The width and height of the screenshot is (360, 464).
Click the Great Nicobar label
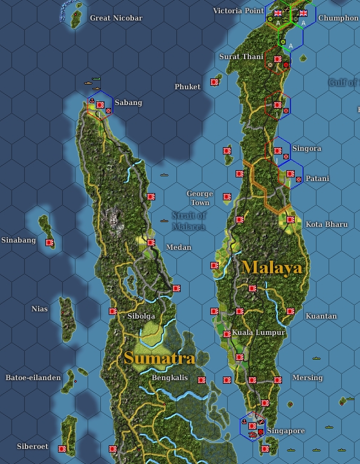click(x=116, y=18)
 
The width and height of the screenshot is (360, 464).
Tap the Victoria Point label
click(x=239, y=11)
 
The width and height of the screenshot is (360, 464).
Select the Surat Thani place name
click(x=241, y=57)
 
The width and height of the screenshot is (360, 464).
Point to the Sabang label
click(x=128, y=103)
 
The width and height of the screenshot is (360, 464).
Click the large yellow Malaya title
click(x=272, y=267)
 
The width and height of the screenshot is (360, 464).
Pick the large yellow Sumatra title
click(x=159, y=358)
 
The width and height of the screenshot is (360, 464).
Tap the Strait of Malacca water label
click(x=189, y=221)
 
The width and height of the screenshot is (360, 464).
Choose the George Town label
click(x=199, y=198)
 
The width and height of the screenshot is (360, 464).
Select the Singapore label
click(x=286, y=431)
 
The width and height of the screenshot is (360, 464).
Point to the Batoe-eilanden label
click(x=33, y=378)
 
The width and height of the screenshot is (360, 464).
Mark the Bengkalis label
click(x=170, y=378)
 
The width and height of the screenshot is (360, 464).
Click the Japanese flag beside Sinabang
click(x=50, y=243)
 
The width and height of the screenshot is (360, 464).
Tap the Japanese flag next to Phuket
click(x=214, y=82)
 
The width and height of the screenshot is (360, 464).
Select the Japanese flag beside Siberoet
click(x=62, y=448)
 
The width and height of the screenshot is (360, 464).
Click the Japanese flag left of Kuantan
click(x=290, y=312)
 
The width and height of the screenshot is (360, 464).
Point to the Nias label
click(x=39, y=309)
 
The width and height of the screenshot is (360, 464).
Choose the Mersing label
click(x=307, y=378)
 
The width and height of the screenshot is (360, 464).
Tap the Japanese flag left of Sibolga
click(x=112, y=311)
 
